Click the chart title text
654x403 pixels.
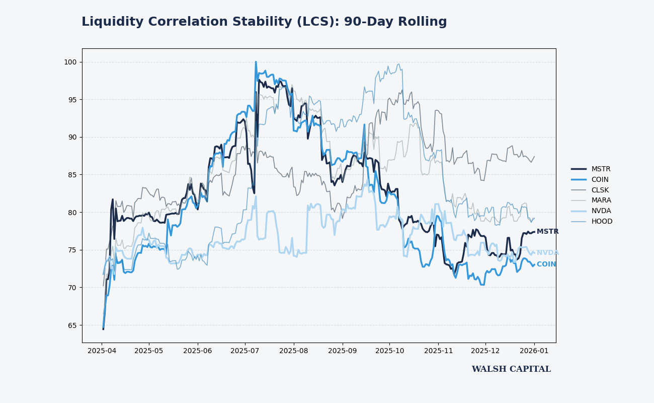(x=264, y=22)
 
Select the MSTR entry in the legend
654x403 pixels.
(x=601, y=169)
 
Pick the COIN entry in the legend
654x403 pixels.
(x=600, y=180)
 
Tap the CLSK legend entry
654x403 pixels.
(x=600, y=190)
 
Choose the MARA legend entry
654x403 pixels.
(x=601, y=200)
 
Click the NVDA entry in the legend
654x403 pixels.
(x=601, y=211)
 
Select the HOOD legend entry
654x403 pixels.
(x=602, y=222)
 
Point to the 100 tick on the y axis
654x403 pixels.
(x=70, y=62)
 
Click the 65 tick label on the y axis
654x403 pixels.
(x=72, y=325)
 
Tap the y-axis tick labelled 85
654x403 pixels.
(x=72, y=175)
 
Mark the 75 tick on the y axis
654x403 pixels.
(x=72, y=250)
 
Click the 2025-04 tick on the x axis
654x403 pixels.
(x=102, y=350)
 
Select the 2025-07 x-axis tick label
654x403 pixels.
(x=245, y=350)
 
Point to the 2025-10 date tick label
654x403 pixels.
(x=390, y=350)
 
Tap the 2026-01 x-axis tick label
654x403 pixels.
(x=534, y=350)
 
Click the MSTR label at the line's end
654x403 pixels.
(x=547, y=232)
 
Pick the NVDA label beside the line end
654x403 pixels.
(x=547, y=253)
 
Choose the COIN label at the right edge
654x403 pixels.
(x=546, y=264)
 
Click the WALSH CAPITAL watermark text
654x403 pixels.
(x=511, y=369)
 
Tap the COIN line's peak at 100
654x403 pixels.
(x=256, y=62)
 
